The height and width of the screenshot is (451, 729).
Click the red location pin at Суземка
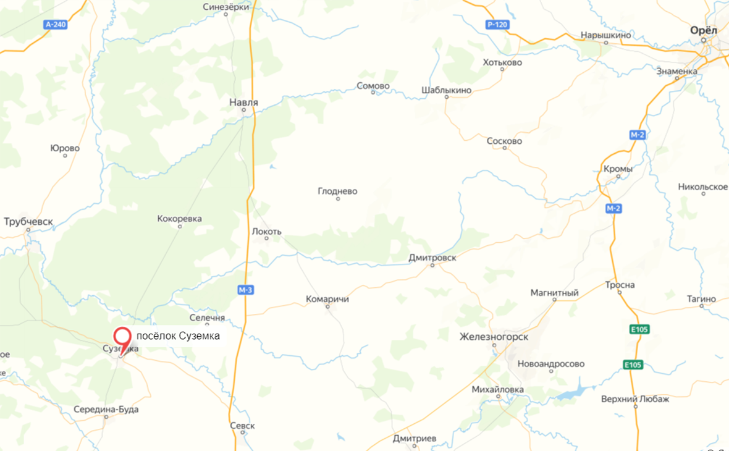click(x=123, y=338)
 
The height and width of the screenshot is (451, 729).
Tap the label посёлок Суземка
click(x=178, y=335)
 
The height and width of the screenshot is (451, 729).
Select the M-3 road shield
click(x=246, y=290)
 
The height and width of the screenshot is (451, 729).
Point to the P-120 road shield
click(x=497, y=25)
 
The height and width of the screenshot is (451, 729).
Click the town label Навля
click(x=243, y=102)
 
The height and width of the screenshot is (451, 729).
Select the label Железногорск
click(x=494, y=337)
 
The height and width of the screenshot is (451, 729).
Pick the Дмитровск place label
click(x=432, y=258)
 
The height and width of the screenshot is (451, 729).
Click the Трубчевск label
click(x=28, y=221)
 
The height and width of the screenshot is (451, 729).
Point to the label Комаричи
click(x=327, y=299)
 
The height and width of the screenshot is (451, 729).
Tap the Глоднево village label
click(x=337, y=192)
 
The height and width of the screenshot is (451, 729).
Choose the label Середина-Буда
click(x=106, y=410)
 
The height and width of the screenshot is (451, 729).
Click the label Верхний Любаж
click(x=635, y=399)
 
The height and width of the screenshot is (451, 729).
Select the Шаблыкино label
click(x=446, y=90)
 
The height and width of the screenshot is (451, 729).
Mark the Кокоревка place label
click(x=180, y=219)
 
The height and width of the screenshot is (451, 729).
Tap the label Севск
click(x=242, y=426)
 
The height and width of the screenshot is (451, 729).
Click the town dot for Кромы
click(x=618, y=176)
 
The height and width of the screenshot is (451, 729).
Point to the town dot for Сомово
click(x=373, y=93)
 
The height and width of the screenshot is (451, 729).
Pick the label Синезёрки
click(x=226, y=7)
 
